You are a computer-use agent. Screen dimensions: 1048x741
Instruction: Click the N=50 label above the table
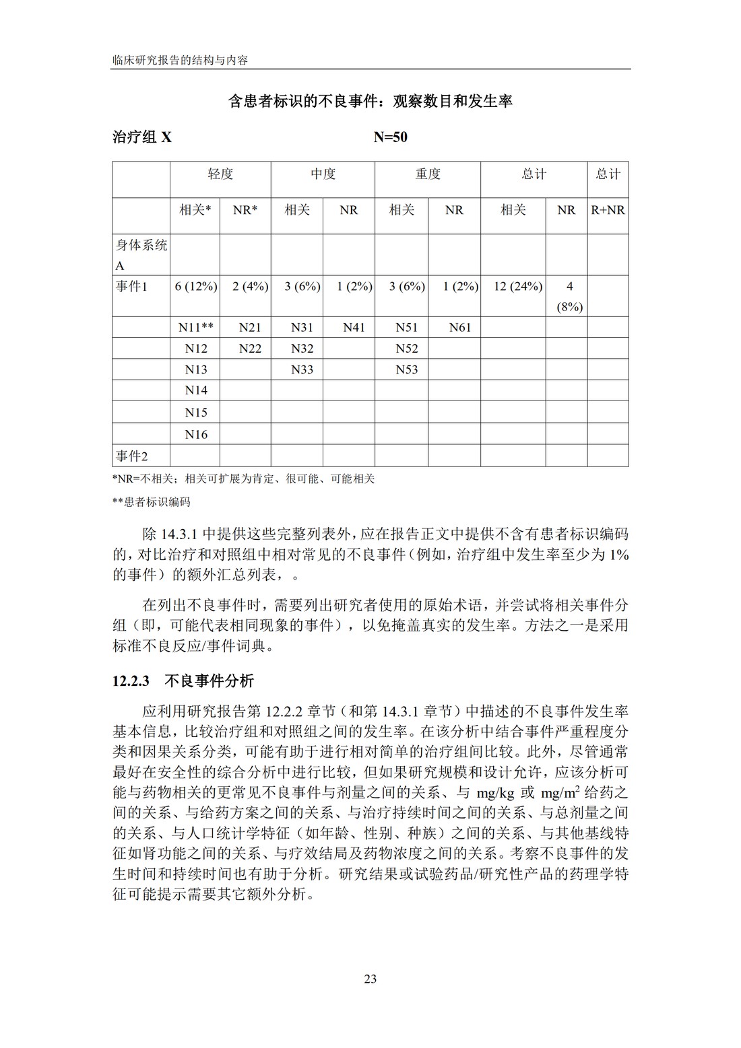[x=390, y=137]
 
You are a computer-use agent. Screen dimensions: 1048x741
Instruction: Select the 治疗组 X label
[x=142, y=137]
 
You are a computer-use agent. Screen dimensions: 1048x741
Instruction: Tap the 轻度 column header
[x=220, y=174]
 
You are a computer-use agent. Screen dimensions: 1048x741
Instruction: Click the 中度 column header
[x=323, y=174]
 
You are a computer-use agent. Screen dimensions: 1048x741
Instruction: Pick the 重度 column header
[x=427, y=174]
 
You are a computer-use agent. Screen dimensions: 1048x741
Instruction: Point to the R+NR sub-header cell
[x=608, y=210]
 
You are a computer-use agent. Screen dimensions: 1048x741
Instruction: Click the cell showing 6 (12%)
[x=195, y=287]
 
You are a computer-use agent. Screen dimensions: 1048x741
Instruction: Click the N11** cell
[x=196, y=328]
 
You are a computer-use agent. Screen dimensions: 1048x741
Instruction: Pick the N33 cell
[x=302, y=370]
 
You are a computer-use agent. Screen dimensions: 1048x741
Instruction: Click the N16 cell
[x=196, y=435]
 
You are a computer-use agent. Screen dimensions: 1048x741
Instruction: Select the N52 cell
[x=407, y=349]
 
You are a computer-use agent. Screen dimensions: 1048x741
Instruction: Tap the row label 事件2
[x=131, y=456]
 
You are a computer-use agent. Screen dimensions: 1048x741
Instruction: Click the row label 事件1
[x=131, y=287]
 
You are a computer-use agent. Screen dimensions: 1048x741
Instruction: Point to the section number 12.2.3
[x=130, y=680]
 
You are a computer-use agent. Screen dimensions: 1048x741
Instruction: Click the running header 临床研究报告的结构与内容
[x=181, y=60]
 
